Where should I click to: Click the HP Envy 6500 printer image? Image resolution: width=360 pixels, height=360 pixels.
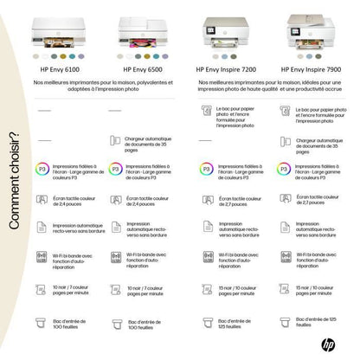141,29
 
